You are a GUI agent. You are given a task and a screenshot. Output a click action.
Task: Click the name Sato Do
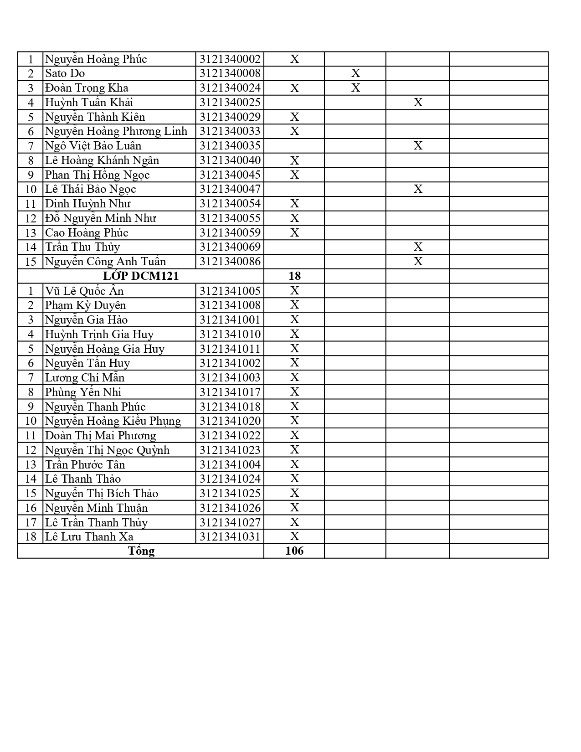65,73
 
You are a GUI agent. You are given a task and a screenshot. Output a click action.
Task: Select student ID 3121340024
230,88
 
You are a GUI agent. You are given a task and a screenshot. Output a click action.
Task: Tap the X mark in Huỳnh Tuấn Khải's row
418,103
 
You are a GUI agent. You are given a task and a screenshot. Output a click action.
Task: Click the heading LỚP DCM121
141,276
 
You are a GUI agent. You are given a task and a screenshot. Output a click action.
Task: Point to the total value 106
294,551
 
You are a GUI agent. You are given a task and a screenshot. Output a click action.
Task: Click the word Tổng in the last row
141,551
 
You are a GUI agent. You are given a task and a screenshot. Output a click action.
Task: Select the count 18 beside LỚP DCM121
294,276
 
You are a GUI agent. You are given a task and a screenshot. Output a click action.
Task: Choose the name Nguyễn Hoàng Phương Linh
116,131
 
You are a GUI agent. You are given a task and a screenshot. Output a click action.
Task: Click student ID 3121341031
230,536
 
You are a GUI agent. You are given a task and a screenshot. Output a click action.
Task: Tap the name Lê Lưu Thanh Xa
89,536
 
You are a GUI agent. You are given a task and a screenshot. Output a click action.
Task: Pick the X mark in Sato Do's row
355,73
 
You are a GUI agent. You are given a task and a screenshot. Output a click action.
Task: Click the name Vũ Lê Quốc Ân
84,291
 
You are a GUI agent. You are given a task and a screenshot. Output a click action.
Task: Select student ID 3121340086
230,262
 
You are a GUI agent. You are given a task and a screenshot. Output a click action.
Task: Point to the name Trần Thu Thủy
82,247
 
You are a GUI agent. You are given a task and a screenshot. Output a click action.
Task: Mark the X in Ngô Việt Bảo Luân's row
418,146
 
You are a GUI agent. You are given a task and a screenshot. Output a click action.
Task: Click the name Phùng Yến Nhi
83,392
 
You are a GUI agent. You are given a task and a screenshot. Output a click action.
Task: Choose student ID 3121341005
230,291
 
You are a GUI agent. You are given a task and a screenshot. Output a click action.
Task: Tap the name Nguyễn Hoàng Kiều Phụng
113,421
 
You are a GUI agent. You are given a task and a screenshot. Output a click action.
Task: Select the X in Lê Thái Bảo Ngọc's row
418,189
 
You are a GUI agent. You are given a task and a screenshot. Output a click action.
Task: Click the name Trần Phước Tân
85,464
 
